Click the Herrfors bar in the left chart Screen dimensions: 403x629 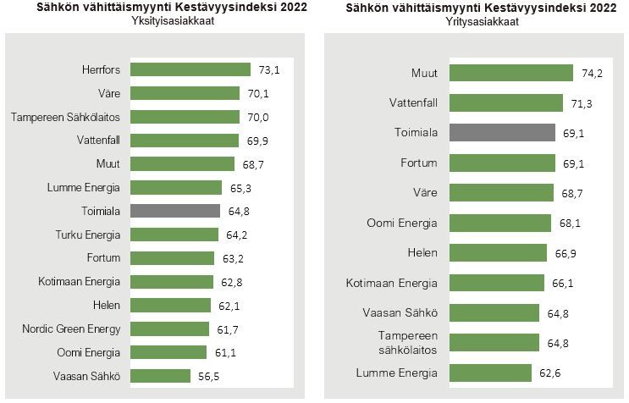(x=190, y=69)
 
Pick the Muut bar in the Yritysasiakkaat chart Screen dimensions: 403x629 (x=510, y=73)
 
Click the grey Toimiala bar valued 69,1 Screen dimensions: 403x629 (x=501, y=133)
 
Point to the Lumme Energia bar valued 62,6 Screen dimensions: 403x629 (x=490, y=373)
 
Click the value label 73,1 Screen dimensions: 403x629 (x=268, y=69)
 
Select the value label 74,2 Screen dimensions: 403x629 (x=592, y=74)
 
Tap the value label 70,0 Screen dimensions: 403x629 (x=257, y=117)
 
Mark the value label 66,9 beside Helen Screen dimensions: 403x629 (x=566, y=253)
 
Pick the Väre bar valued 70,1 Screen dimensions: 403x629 (x=185, y=93)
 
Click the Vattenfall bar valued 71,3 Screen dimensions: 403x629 (x=505, y=103)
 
